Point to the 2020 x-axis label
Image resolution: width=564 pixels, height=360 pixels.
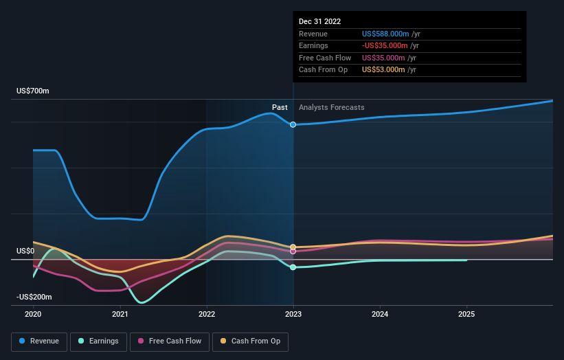pyautogui.click(x=33, y=315)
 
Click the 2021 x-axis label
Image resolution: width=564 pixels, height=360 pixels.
pyautogui.click(x=120, y=315)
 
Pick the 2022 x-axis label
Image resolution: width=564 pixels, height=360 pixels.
pyautogui.click(x=207, y=315)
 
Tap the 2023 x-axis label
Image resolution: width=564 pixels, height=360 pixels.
pyautogui.click(x=293, y=315)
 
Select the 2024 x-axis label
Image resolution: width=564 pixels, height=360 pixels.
pyautogui.click(x=380, y=315)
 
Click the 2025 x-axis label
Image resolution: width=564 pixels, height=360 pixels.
pyautogui.click(x=466, y=315)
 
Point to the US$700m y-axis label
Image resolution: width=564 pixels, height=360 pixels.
pyautogui.click(x=33, y=91)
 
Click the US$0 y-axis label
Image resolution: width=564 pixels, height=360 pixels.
pyautogui.click(x=25, y=251)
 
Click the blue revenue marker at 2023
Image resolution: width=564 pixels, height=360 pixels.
pyautogui.click(x=293, y=124)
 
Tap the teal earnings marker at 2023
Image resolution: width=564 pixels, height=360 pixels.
pyautogui.click(x=293, y=267)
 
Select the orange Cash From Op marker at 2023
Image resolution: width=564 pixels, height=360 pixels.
pyautogui.click(x=293, y=247)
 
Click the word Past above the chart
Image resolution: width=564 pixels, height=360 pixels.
pyautogui.click(x=280, y=107)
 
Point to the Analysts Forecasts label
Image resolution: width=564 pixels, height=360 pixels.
pyautogui.click(x=331, y=107)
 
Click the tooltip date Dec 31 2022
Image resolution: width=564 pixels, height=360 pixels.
pyautogui.click(x=319, y=22)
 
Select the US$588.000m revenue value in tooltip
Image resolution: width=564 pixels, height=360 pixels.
pyautogui.click(x=385, y=34)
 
